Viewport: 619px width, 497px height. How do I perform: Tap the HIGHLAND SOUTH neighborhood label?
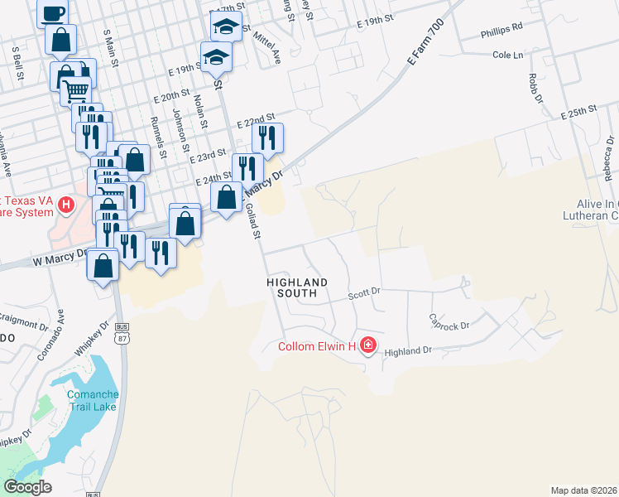297,288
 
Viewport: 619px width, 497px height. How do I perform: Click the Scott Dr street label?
363,292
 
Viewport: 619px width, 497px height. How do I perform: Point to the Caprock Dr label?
449,321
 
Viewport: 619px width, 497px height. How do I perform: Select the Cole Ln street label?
508,55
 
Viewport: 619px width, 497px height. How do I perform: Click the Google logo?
27,487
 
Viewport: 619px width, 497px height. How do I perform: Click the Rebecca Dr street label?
608,166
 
